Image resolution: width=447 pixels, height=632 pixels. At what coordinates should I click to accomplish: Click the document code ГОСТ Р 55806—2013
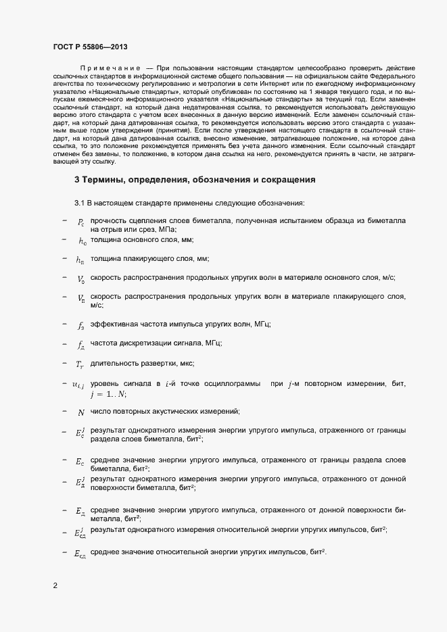89,47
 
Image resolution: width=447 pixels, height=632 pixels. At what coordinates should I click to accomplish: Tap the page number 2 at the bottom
55,585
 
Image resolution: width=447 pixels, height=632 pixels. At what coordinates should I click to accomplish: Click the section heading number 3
77,180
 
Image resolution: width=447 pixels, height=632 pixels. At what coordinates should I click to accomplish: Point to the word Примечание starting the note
110,68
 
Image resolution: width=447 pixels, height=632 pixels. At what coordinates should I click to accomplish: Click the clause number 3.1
80,203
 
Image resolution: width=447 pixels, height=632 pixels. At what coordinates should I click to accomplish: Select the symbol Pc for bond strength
80,222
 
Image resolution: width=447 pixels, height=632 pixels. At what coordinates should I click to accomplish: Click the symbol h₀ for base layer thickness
82,241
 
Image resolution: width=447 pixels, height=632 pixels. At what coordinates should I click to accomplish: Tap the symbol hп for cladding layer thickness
80,260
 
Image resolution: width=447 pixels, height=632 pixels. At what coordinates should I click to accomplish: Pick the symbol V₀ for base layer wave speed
80,278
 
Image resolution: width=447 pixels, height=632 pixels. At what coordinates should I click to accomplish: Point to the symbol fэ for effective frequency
80,325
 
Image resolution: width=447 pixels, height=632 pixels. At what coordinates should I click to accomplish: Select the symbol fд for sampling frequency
80,344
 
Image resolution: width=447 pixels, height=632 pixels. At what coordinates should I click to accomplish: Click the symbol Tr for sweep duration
80,364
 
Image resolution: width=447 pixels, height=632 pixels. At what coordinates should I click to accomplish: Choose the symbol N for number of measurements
81,412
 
